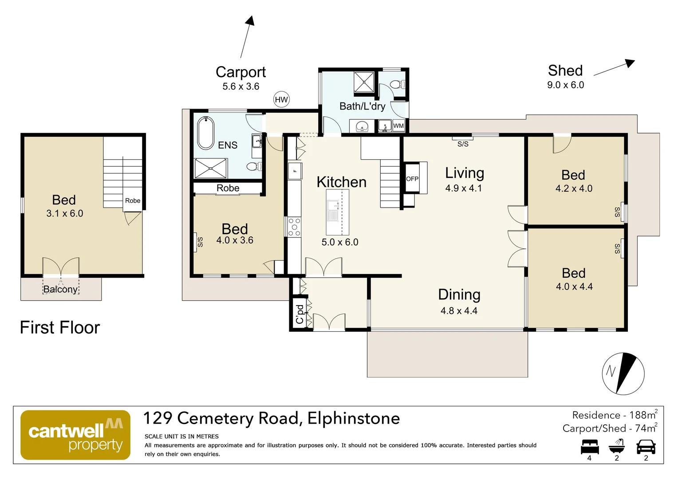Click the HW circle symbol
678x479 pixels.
281,100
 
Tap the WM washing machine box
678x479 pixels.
398,126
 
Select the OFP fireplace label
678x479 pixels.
412,179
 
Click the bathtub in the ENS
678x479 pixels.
205,133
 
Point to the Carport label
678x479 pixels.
240,72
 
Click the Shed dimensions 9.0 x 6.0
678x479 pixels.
565,85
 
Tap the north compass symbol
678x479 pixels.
623,373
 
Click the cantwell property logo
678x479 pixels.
75,435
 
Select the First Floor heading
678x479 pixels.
60,328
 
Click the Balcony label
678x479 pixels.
60,290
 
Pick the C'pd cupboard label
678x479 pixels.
300,314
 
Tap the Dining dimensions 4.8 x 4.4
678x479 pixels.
459,311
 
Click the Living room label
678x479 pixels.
464,173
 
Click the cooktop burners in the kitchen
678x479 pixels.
294,227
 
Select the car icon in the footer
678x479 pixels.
646,447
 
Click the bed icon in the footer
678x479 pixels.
590,447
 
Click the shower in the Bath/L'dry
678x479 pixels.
364,82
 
